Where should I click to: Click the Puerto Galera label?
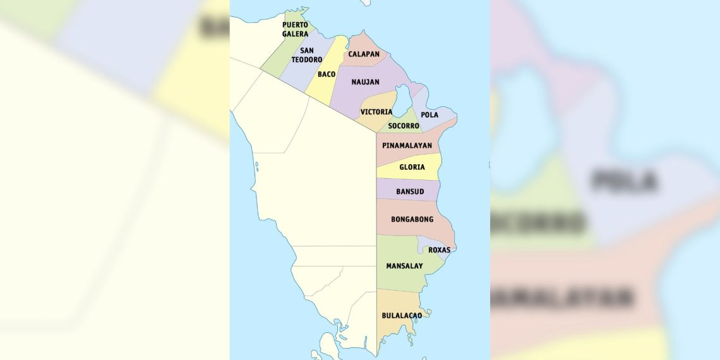295,29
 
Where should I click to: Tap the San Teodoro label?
306,55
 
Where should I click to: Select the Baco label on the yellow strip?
327,75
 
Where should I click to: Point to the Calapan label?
364,54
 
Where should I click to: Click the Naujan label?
365,82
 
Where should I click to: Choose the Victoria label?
376,112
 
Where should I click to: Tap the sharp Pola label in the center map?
429,115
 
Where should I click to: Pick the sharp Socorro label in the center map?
404,126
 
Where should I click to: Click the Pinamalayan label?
407,145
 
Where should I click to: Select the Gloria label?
412,167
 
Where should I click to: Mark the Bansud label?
409,191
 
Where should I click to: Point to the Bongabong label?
412,220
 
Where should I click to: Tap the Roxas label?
439,250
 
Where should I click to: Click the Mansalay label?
404,266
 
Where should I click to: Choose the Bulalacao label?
402,315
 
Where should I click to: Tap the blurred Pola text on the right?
624,181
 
